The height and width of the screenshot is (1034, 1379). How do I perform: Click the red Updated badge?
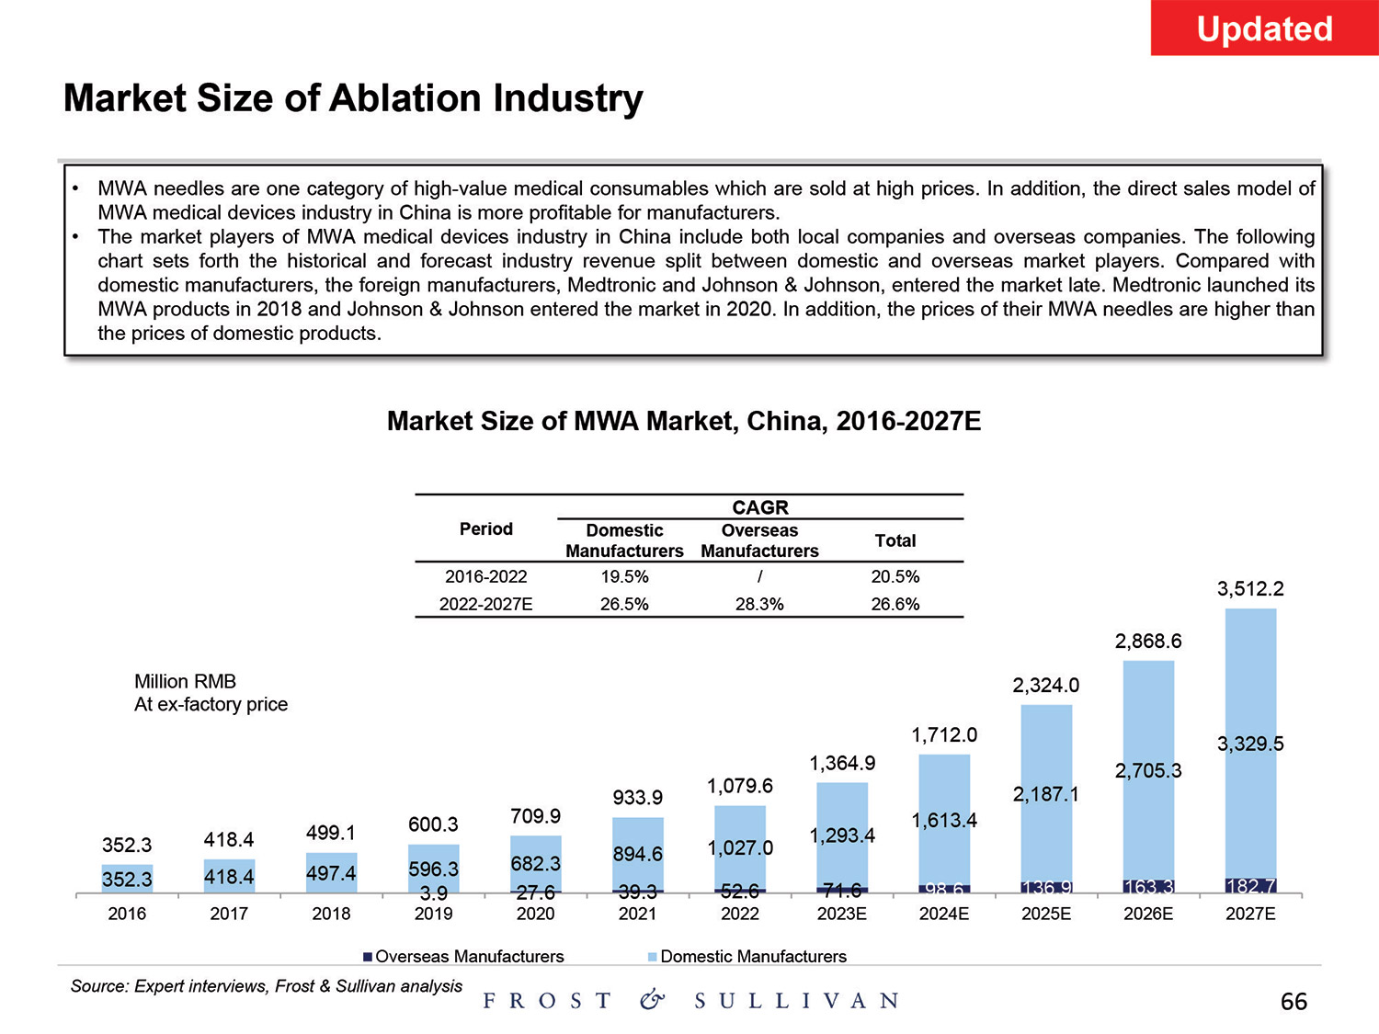click(1264, 28)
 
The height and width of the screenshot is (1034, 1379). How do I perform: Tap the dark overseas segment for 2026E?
click(1148, 887)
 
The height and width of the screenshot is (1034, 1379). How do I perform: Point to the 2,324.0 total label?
click(1046, 685)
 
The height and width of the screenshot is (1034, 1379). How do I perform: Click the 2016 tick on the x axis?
click(127, 914)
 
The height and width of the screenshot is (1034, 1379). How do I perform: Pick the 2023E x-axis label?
click(842, 914)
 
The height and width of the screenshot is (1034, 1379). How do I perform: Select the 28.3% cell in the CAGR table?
click(759, 604)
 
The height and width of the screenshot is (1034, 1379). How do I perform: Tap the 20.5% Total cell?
click(895, 576)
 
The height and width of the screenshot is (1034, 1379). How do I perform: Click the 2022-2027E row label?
click(485, 604)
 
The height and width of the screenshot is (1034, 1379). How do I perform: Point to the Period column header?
click(485, 528)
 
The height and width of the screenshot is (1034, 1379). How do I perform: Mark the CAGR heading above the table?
click(760, 507)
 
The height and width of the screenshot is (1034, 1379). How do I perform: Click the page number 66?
click(1294, 1002)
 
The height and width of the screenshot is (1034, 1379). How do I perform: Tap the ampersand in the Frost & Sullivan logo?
click(652, 1000)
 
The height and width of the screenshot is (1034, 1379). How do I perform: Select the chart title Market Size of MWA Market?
click(684, 421)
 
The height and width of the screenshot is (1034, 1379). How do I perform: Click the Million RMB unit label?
click(185, 681)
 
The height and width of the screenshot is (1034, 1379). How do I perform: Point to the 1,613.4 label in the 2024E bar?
click(944, 820)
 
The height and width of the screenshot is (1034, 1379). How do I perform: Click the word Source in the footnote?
click(98, 986)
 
